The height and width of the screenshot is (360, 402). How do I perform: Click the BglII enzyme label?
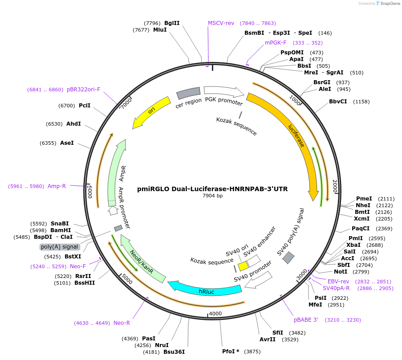172,23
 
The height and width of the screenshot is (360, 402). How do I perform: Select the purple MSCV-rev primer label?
221,23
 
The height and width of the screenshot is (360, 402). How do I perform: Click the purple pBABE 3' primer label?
306,320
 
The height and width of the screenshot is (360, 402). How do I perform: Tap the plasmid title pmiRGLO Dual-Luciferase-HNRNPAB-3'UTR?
212,189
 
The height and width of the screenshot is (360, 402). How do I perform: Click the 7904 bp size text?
212,196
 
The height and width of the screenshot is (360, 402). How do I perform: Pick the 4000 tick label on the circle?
215,313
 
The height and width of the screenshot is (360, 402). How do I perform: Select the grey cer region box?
188,93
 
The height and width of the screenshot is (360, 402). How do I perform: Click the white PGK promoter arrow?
223,92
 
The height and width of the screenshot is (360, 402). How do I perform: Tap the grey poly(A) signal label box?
60,247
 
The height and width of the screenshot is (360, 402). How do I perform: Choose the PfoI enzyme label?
231,351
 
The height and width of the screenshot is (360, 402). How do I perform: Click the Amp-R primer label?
57,186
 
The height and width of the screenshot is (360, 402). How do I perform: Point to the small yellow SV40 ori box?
243,266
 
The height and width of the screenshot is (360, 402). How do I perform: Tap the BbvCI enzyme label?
338,102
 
